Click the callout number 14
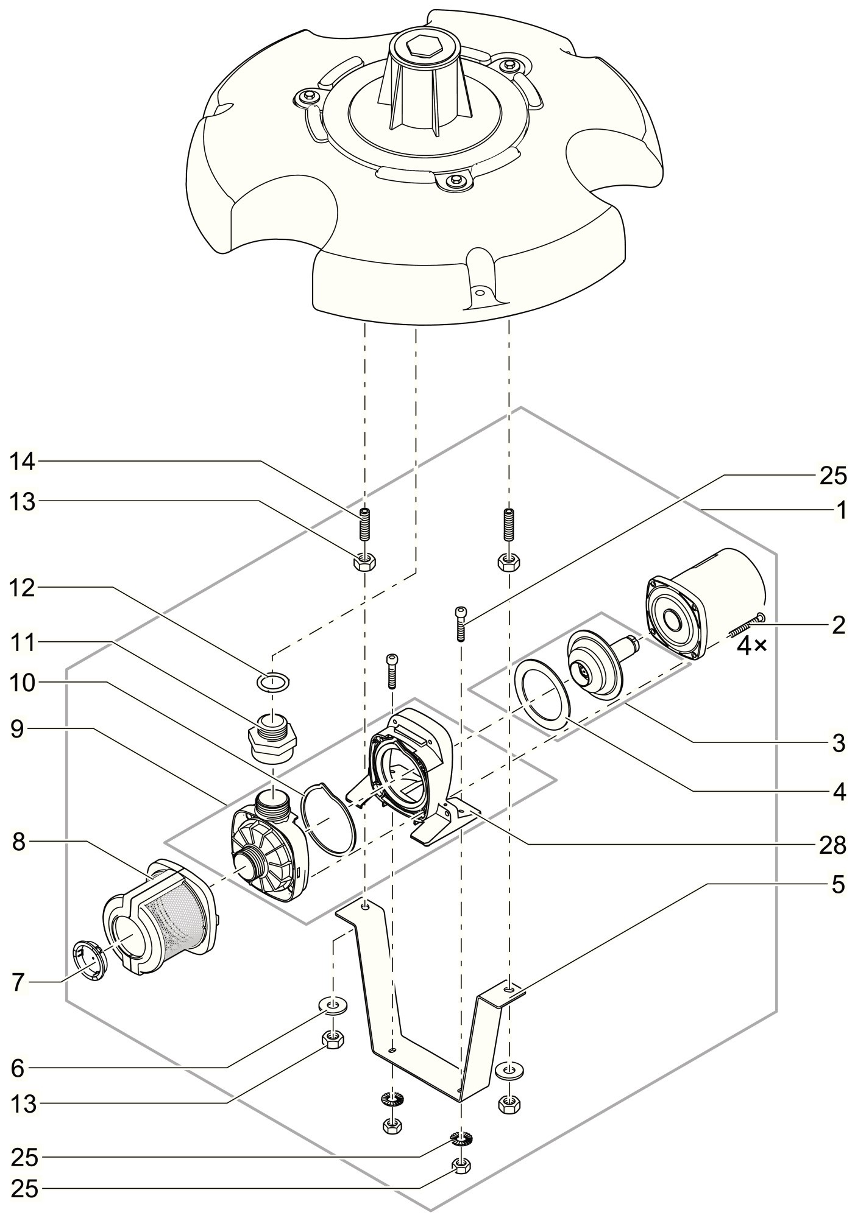tap(23, 462)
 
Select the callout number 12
tap(23, 588)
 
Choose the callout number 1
tap(840, 510)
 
